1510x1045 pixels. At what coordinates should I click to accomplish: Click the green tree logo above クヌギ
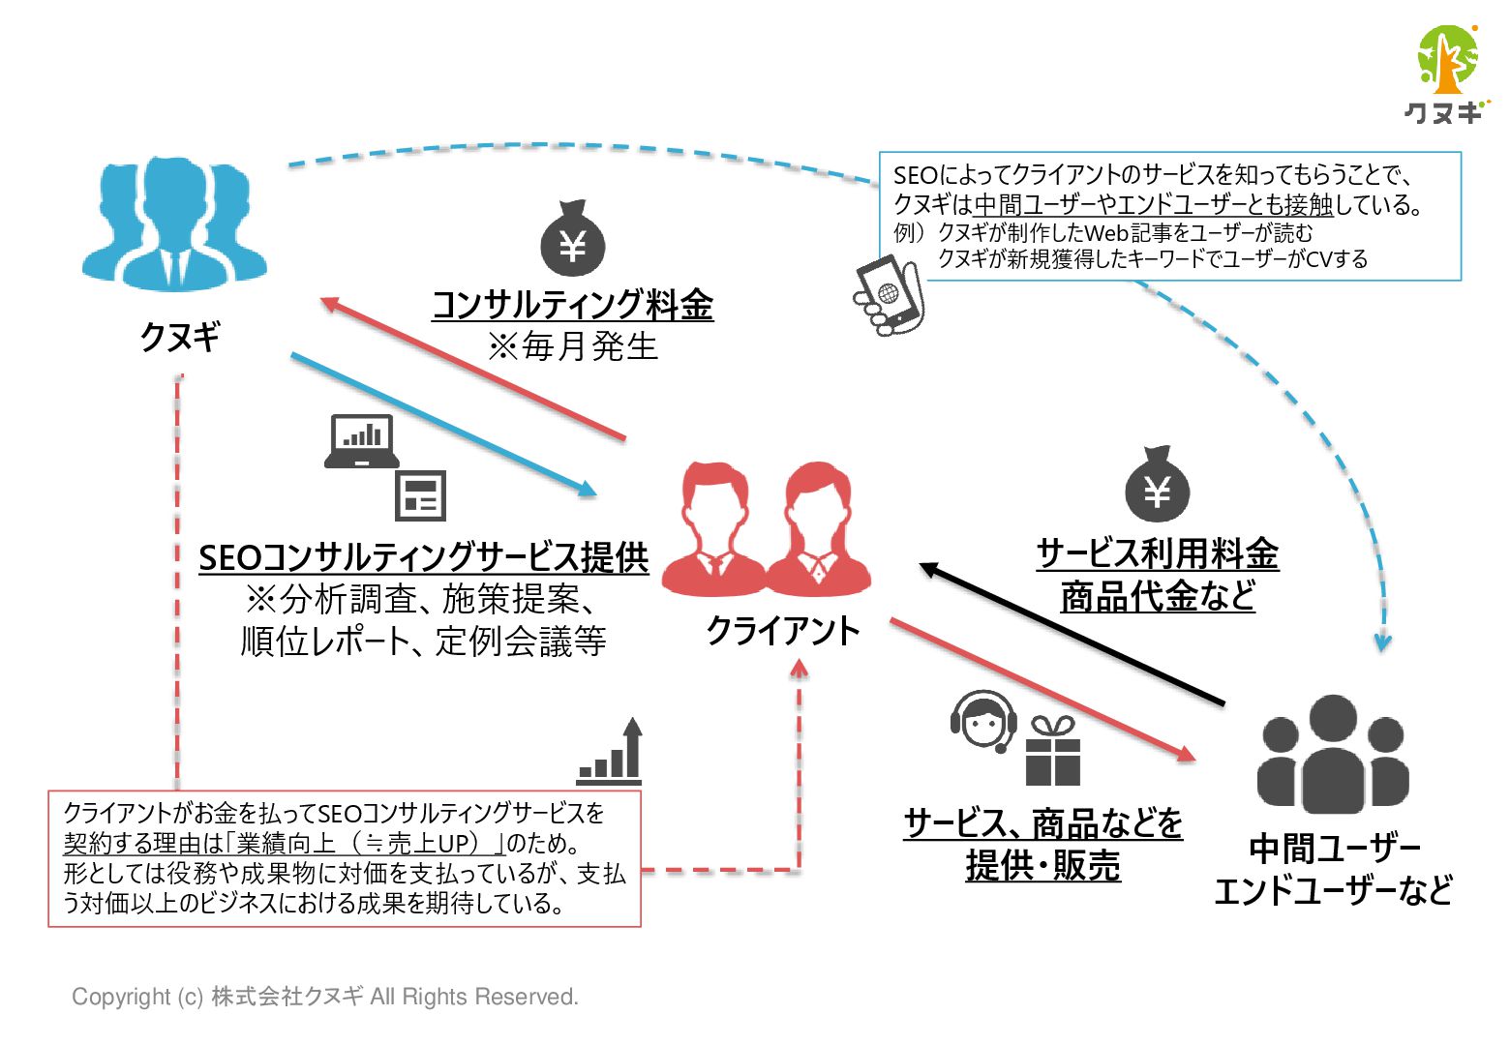(x=1447, y=60)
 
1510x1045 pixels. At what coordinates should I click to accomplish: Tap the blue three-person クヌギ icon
(x=174, y=226)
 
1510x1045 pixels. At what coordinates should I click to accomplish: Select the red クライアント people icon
(x=767, y=529)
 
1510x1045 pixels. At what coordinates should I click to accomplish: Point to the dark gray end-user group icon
(x=1333, y=755)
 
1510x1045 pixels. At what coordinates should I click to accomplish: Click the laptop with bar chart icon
(x=361, y=441)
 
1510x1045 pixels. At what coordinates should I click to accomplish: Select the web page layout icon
(x=421, y=496)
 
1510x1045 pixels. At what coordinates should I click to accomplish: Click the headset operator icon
(x=983, y=721)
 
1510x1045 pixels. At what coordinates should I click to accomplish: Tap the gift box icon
(x=1053, y=751)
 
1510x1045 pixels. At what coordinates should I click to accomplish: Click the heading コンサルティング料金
(x=572, y=305)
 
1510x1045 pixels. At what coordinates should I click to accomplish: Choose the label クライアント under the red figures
(x=782, y=631)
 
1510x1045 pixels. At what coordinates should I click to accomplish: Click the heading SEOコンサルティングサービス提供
(x=423, y=557)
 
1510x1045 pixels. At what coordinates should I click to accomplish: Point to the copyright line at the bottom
(x=325, y=997)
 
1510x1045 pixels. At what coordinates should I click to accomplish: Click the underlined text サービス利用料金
(x=1158, y=554)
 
